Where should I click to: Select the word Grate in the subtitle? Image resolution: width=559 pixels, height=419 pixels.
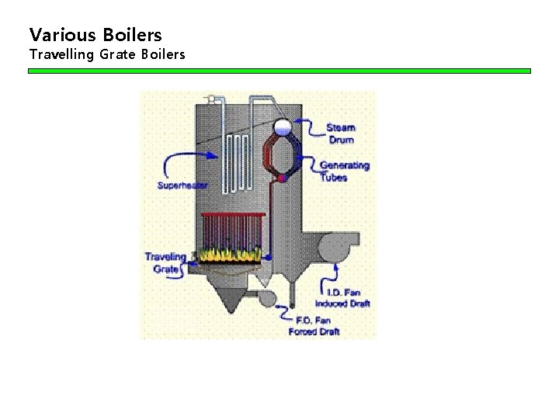click(119, 55)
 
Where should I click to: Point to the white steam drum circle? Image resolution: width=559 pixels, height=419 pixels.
click(283, 126)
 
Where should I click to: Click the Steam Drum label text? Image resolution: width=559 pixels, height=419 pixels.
click(341, 133)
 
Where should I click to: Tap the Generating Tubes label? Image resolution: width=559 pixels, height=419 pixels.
click(344, 171)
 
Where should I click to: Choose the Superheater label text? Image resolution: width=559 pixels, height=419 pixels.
click(182, 185)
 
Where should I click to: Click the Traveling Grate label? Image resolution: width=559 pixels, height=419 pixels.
click(165, 262)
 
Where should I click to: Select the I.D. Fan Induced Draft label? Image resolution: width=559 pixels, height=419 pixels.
click(342, 298)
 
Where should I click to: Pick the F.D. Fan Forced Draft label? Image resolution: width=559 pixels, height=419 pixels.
click(314, 326)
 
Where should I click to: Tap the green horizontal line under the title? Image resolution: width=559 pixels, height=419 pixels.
click(279, 71)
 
